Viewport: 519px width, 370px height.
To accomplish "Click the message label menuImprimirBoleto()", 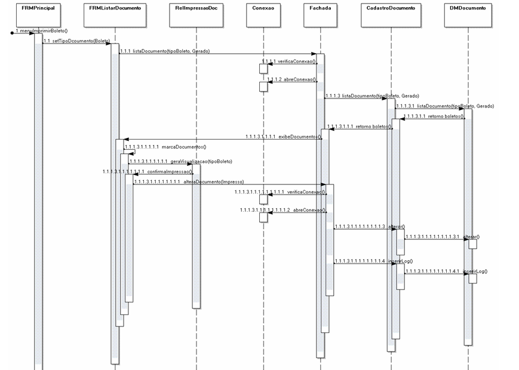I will [41, 30].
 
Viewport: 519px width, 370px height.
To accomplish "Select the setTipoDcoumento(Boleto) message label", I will [76, 41].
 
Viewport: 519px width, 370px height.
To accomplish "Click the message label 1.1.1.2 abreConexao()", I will [291, 79].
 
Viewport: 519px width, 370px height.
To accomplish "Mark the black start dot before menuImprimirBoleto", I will [12, 33].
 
